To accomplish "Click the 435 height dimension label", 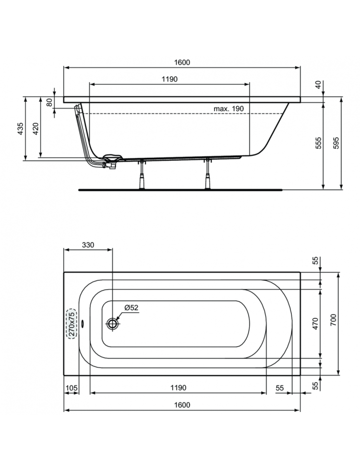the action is (x=20, y=128).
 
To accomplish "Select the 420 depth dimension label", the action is (x=36, y=128).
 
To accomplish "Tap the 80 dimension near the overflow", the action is (x=50, y=103).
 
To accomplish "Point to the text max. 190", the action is (x=228, y=108).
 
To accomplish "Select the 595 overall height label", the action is (x=336, y=143).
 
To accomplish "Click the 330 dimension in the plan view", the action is (x=88, y=245).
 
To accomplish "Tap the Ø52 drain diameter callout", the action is (x=131, y=307).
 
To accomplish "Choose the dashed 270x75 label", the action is (x=71, y=324).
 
